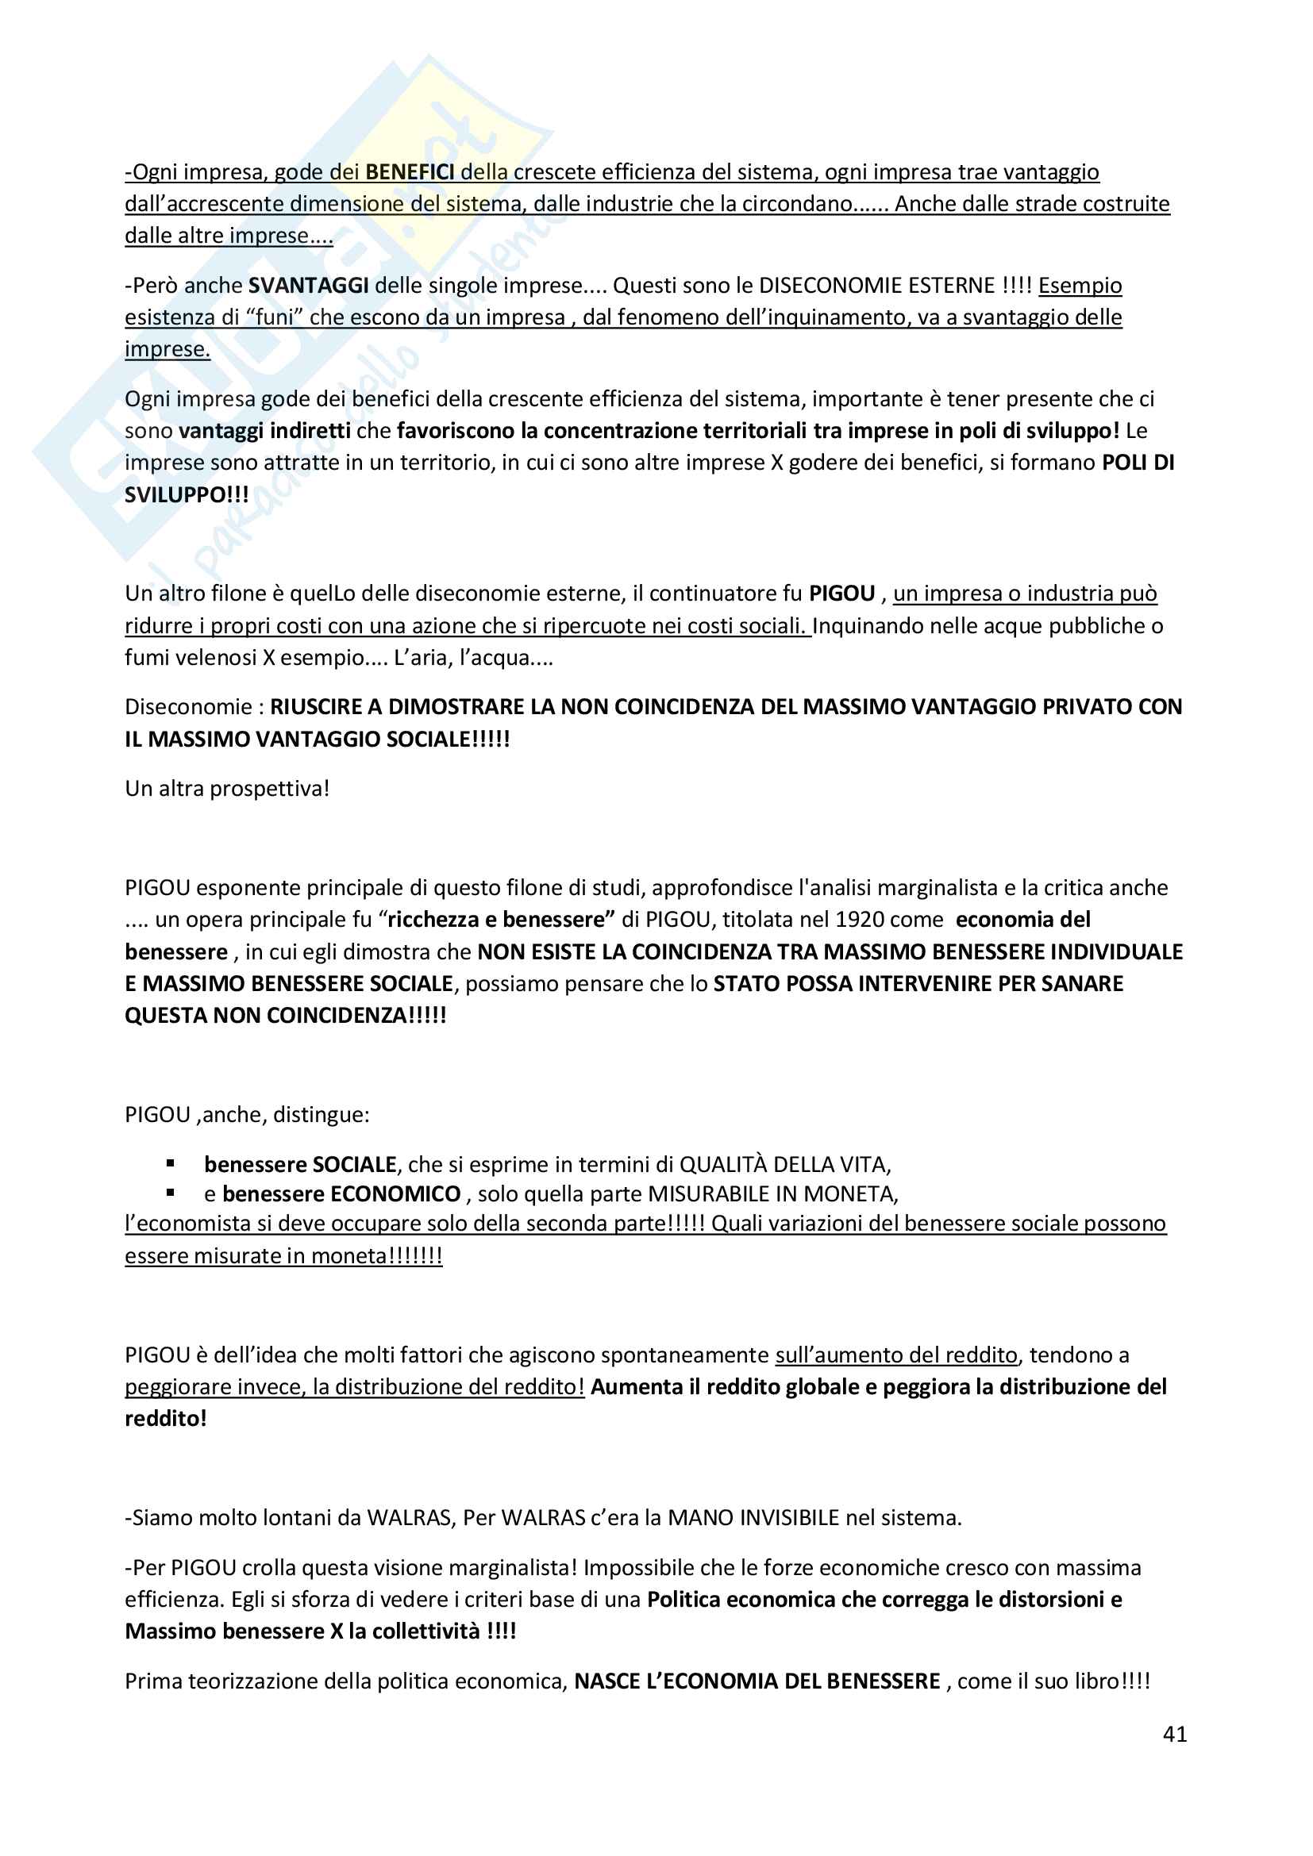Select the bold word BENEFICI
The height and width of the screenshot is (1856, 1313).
pyautogui.click(x=410, y=172)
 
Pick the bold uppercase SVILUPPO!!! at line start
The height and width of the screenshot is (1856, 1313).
pyautogui.click(x=187, y=494)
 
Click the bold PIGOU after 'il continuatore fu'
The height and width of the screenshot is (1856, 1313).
pyautogui.click(x=841, y=594)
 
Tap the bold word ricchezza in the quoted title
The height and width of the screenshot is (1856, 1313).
pyautogui.click(x=433, y=920)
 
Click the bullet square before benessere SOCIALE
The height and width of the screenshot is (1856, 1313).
pyautogui.click(x=171, y=1163)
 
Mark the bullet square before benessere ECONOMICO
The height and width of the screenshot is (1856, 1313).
pyautogui.click(x=171, y=1193)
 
